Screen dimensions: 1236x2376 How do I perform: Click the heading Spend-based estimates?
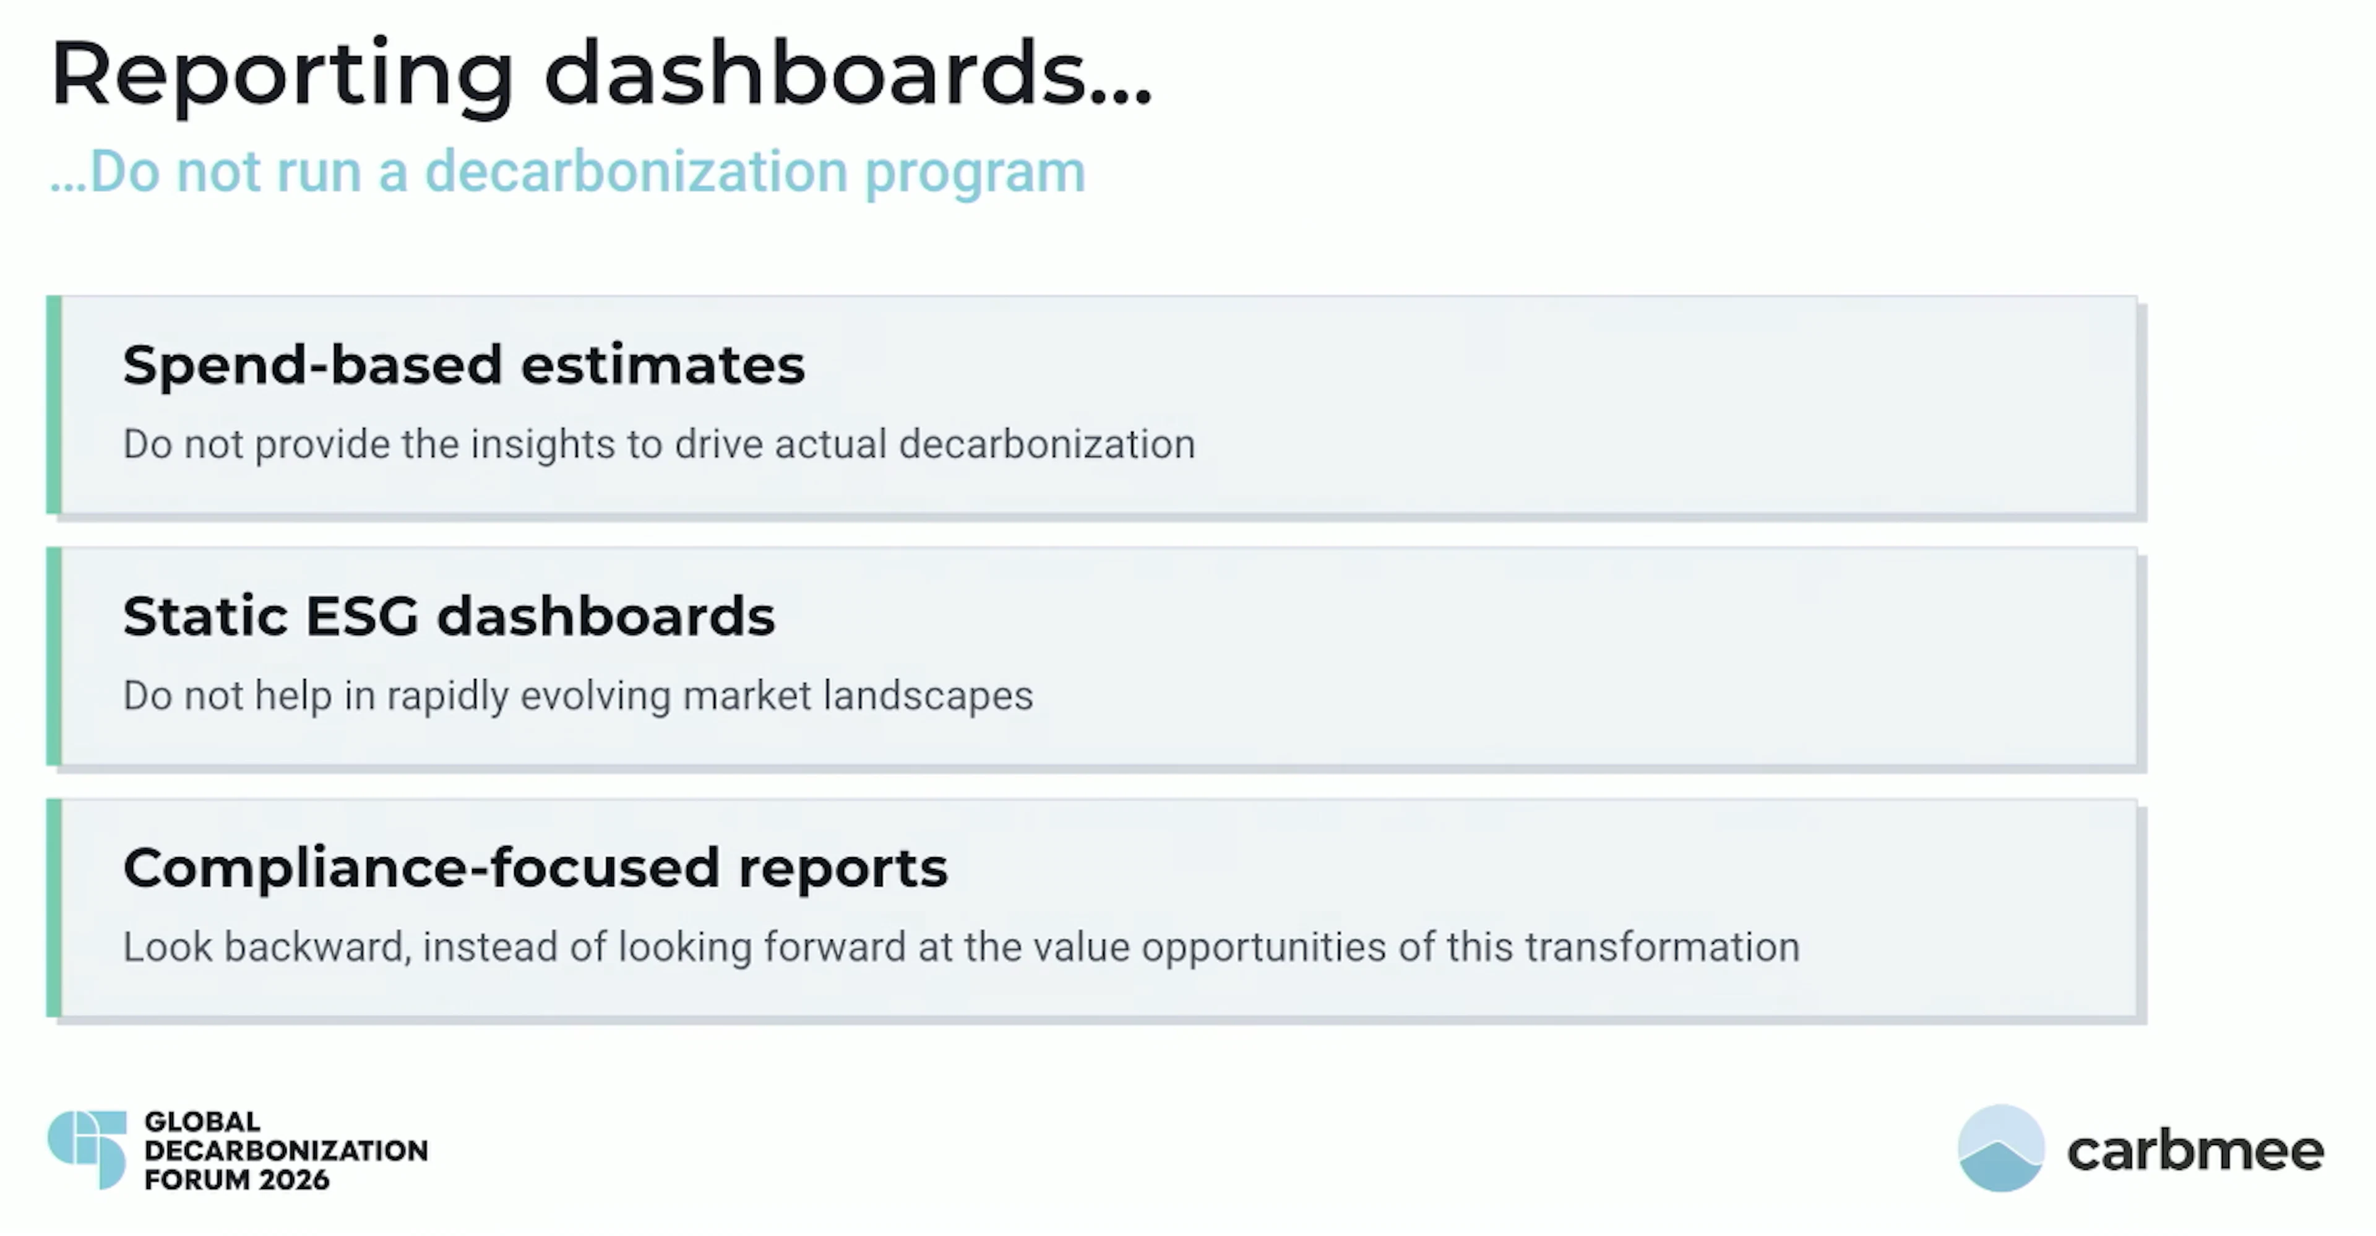click(463, 365)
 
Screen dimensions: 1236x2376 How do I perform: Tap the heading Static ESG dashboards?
click(448, 616)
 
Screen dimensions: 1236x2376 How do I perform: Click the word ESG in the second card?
click(361, 616)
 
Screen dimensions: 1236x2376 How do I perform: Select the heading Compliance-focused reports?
click(535, 868)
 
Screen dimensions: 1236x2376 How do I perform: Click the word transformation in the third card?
click(1661, 948)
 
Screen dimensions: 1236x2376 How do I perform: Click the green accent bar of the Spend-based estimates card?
click(53, 404)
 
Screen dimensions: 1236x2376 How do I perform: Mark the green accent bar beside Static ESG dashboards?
click(53, 656)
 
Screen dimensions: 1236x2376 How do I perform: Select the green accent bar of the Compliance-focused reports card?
click(53, 907)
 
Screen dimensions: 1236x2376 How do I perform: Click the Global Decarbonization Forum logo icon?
click(88, 1149)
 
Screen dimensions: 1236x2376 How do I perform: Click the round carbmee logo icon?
click(2000, 1148)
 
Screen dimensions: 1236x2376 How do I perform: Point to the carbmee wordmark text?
click(2195, 1151)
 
